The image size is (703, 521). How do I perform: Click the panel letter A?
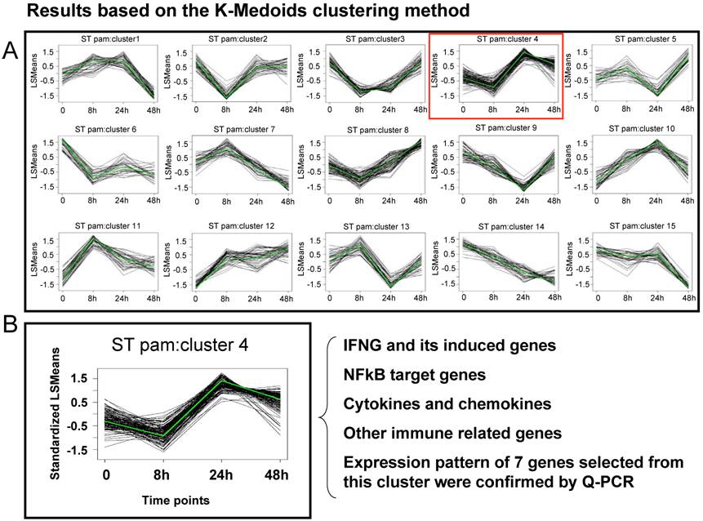[11, 51]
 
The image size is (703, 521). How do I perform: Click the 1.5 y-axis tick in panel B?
[79, 380]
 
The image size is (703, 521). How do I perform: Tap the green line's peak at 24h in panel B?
[222, 381]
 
